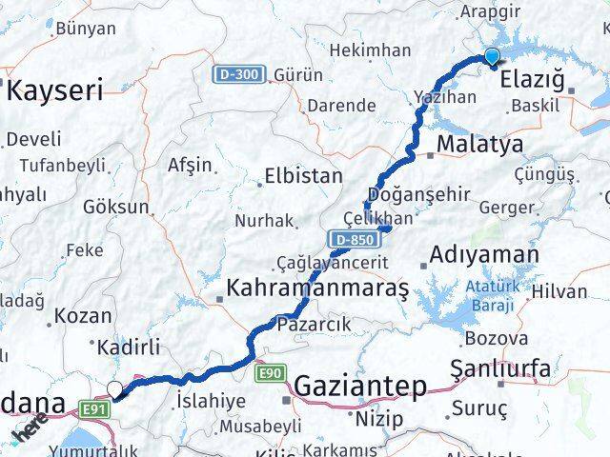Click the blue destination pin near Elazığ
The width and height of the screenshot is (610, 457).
[x=492, y=57]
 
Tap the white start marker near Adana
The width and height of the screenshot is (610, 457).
[x=115, y=389]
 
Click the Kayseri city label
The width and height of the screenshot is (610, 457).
[x=55, y=91]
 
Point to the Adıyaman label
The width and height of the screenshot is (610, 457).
[x=483, y=255]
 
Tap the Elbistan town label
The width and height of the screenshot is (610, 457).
[x=302, y=176]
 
